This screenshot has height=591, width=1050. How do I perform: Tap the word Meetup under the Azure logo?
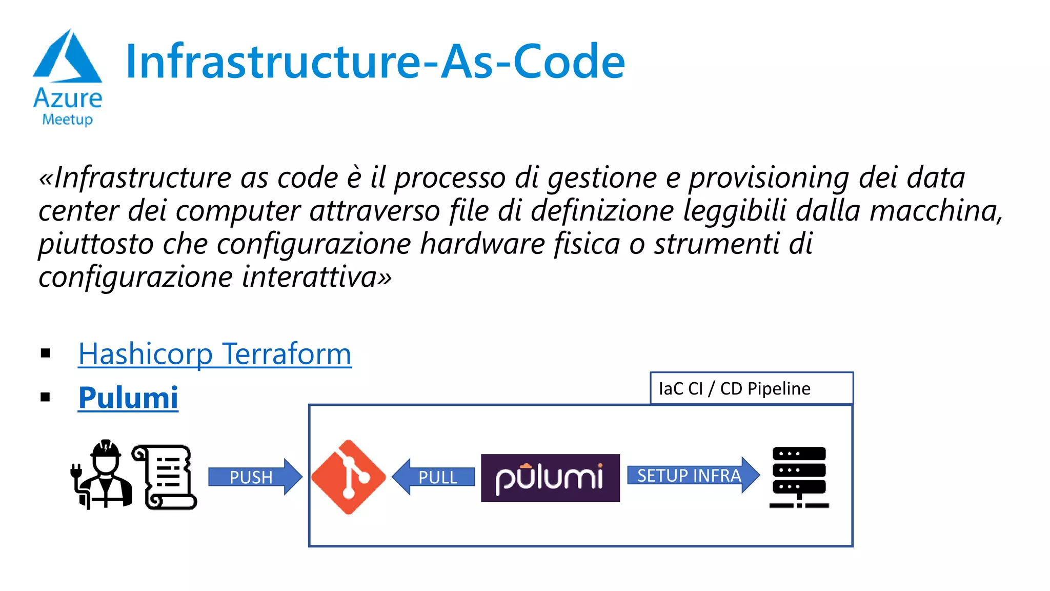[67, 120]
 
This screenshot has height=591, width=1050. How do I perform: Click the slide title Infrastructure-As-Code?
[375, 62]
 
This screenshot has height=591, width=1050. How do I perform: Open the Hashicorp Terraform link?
[215, 354]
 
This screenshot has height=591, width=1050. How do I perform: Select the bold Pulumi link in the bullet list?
[128, 398]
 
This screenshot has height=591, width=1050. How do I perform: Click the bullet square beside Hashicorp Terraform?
[46, 353]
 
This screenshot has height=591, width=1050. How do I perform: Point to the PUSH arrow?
[254, 477]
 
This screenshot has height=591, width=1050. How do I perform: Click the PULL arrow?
[434, 477]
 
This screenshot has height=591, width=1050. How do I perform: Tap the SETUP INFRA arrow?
[692, 476]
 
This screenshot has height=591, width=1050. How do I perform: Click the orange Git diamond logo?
[349, 477]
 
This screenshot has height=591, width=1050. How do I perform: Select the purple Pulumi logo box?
[550, 478]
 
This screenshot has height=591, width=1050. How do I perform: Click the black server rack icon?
[799, 477]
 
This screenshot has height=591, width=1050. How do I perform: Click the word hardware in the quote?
[482, 244]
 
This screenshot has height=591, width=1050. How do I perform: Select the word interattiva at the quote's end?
[310, 277]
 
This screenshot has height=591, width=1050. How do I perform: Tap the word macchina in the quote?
[933, 211]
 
